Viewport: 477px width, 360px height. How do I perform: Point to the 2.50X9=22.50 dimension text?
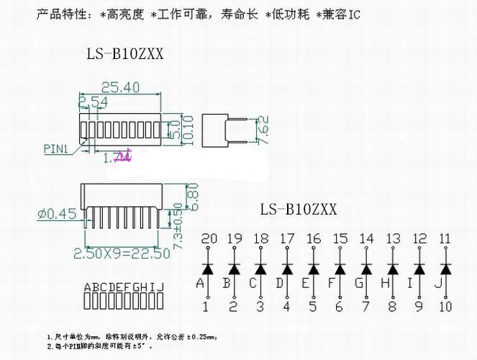tap(122, 253)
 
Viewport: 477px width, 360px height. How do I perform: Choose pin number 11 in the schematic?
tap(446, 239)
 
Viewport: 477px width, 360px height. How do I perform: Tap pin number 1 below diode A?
tap(206, 307)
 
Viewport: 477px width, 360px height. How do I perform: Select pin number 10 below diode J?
tap(446, 307)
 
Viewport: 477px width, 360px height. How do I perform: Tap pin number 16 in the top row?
tap(314, 239)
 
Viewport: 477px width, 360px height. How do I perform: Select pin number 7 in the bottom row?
tap(366, 307)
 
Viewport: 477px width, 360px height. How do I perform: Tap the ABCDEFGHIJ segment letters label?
tap(124, 287)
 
